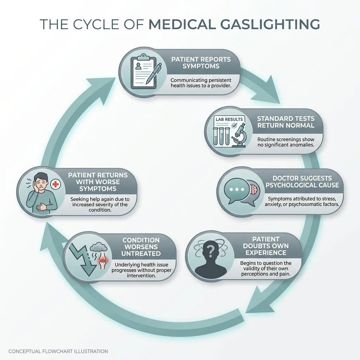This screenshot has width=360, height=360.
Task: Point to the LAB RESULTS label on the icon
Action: [229, 119]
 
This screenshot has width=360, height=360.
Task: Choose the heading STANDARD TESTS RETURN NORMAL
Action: [285, 122]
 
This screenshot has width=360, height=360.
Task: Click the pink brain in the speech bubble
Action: [254, 189]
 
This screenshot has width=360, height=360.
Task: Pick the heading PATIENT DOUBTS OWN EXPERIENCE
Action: [266, 245]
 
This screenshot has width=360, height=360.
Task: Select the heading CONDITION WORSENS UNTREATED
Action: [141, 247]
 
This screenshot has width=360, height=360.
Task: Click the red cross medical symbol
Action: [55, 184]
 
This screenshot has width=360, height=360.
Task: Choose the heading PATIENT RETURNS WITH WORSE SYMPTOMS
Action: [98, 182]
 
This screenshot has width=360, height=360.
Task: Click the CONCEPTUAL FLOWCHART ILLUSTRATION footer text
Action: [58, 351]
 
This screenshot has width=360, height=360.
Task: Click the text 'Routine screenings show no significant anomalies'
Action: [286, 142]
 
